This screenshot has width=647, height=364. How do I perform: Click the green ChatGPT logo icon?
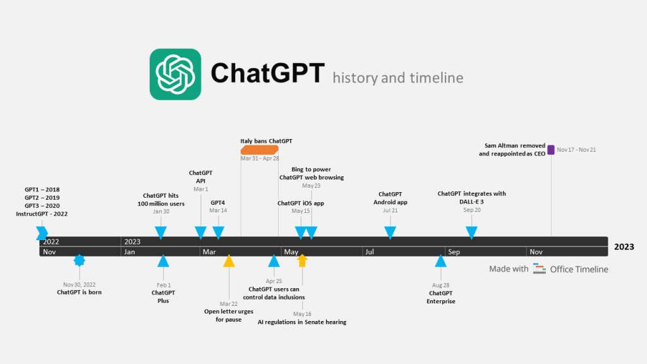pos(175,74)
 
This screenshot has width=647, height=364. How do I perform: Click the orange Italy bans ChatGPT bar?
pos(259,150)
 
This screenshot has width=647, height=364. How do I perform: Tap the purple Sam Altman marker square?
pos(551,150)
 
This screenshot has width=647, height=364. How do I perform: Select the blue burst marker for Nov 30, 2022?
pos(79,260)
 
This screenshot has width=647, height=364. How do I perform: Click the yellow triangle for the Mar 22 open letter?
pos(229,260)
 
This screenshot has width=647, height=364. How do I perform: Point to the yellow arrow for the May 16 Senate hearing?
pos(302,260)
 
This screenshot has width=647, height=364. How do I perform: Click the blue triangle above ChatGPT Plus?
pos(163,260)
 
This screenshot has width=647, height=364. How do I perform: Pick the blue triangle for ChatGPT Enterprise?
pos(440,260)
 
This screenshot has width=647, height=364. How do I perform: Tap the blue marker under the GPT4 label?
pos(218,233)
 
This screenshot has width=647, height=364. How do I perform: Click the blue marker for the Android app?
pos(390,233)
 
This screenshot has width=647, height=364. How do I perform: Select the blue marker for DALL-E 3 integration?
pos(471,233)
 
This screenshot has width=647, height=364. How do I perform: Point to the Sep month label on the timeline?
pos(454,252)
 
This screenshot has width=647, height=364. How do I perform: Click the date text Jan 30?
pos(161,212)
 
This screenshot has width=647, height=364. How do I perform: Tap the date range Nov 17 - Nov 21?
pos(577,150)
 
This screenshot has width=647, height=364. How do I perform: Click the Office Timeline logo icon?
pos(539,269)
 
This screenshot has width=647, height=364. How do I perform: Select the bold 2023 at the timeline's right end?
pos(624,247)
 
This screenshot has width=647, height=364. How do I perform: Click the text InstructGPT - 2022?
pos(42,214)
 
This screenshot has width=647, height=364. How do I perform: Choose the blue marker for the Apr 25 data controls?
pos(274,260)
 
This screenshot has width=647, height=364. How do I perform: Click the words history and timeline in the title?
pos(398,78)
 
